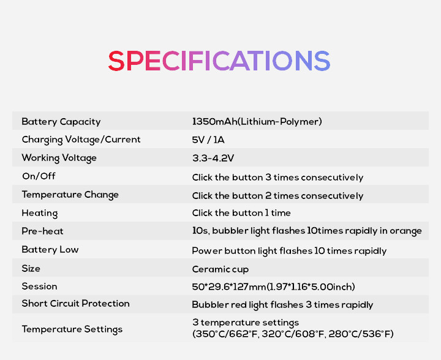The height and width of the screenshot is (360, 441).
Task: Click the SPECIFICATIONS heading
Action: pos(219,61)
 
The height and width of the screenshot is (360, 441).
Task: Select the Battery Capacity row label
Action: pos(61,122)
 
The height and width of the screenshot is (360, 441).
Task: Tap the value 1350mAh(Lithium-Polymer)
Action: pos(257,122)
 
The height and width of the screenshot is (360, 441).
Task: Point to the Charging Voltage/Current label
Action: pos(81,140)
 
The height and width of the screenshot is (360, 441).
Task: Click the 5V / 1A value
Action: pos(208,140)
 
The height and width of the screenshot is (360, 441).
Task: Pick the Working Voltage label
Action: pos(59,158)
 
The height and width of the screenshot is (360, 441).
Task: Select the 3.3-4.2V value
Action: pos(213,158)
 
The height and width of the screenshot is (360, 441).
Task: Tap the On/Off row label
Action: pos(39,176)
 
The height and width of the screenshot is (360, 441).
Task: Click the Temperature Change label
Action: pos(70,195)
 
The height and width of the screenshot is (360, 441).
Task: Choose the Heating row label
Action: pos(40,213)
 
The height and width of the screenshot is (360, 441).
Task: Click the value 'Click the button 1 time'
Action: pos(241,212)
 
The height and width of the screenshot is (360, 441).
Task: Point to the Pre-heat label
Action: pos(42,231)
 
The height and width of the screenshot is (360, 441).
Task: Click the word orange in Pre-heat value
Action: pos(405,231)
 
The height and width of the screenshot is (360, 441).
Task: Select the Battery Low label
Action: pos(50,250)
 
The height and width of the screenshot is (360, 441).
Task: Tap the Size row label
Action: pos(31,268)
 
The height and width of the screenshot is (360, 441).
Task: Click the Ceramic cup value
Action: pos(221,269)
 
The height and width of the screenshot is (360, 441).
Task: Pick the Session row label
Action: pos(39,287)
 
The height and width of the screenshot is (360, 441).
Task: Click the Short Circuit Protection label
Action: pos(76,304)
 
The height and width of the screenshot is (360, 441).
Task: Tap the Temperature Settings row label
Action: pos(72,329)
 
